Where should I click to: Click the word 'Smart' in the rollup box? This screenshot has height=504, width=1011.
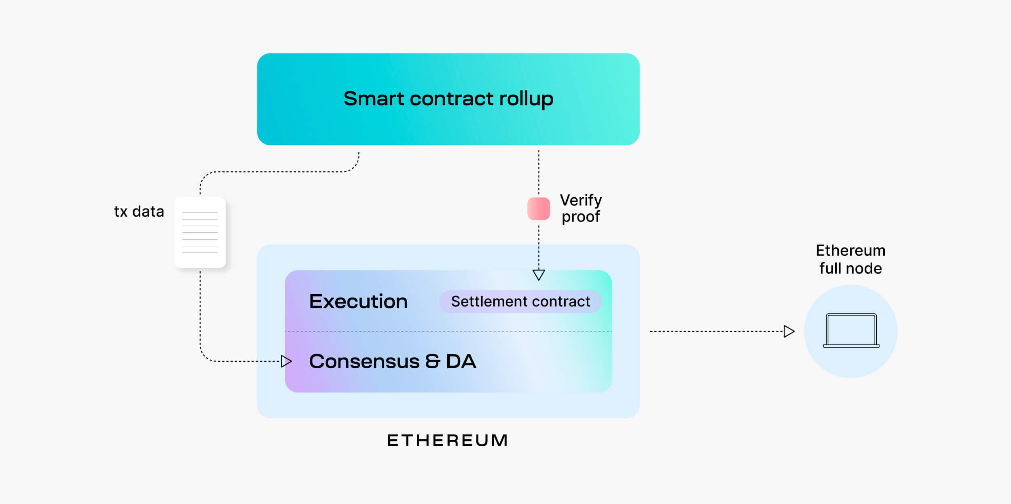374,99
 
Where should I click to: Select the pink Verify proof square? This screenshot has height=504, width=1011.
538,209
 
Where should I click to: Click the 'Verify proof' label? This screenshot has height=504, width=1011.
581,209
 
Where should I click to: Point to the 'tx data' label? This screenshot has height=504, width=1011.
139,211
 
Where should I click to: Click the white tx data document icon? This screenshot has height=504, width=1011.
200,232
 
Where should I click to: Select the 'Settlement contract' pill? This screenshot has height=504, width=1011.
520,302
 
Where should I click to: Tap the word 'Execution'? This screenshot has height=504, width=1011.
358,302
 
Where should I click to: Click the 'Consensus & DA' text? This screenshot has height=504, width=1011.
392,361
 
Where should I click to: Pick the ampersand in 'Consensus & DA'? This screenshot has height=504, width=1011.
432,361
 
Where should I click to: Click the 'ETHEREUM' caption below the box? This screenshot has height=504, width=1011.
448,441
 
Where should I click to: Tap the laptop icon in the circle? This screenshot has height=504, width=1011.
851,331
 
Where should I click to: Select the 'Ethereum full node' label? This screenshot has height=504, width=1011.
850,259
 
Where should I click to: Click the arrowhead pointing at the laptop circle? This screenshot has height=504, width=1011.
789,331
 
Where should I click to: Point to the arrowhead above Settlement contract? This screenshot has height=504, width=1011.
539,274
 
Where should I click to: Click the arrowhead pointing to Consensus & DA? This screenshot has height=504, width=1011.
286,361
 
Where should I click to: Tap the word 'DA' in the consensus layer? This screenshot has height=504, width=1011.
461,361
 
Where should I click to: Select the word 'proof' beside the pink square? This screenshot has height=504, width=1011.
581,217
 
